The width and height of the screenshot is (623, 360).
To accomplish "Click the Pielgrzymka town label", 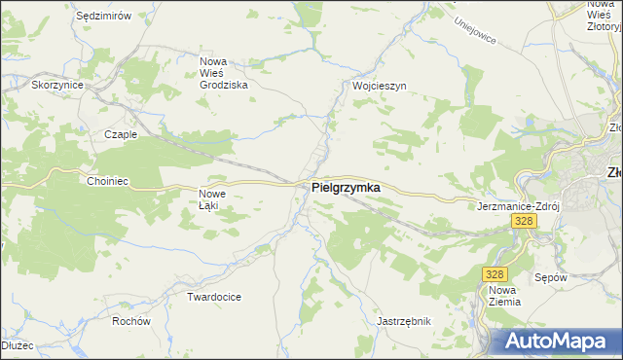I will pyautogui.click(x=346, y=187).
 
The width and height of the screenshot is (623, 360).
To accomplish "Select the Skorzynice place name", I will pyautogui.click(x=57, y=86).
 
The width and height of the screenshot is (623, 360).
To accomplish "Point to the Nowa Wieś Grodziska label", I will pyautogui.click(x=223, y=73).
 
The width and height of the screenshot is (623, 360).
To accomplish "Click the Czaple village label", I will pyautogui.click(x=121, y=135).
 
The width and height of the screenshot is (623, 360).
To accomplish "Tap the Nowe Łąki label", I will pyautogui.click(x=212, y=198).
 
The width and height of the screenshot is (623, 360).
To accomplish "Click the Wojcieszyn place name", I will pyautogui.click(x=379, y=86).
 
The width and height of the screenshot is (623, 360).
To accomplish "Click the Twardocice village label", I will pyautogui.click(x=214, y=296).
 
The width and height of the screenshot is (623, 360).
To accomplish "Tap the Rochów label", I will pyautogui.click(x=130, y=321).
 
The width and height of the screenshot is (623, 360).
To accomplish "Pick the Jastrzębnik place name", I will pyautogui.click(x=403, y=320).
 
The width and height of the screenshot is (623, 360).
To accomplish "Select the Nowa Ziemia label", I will pyautogui.click(x=504, y=296).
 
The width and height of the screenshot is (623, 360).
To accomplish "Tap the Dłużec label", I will pyautogui.click(x=17, y=344).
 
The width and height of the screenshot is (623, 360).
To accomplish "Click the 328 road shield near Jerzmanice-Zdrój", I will pyautogui.click(x=524, y=222).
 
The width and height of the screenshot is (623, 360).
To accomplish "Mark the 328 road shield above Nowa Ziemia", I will pyautogui.click(x=495, y=275).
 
